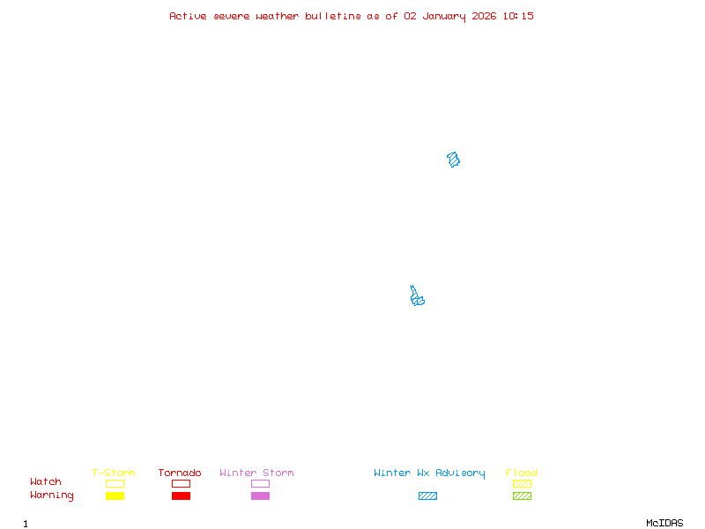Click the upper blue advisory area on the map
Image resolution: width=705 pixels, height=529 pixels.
tap(454, 160)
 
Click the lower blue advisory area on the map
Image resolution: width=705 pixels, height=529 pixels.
tap(417, 298)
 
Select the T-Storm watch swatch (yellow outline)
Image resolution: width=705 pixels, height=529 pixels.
tap(115, 483)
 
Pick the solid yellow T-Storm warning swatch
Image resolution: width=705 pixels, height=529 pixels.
tap(115, 496)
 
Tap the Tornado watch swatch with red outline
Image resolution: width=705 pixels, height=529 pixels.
tap(181, 483)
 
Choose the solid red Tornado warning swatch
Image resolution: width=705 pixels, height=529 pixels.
tap(181, 496)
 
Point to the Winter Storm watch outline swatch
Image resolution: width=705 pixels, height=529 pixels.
tap(260, 483)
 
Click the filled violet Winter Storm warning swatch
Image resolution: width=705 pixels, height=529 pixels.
tap(260, 496)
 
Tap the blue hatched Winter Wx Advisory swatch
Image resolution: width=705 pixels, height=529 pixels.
tap(427, 496)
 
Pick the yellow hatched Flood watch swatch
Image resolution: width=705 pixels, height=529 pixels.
tap(522, 483)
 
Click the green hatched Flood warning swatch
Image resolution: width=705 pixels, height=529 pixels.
tap(522, 496)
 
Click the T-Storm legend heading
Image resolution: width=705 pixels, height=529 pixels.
tap(114, 473)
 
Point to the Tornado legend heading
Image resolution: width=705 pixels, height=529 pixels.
tap(180, 473)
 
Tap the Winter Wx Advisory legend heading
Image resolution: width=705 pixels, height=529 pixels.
tap(429, 473)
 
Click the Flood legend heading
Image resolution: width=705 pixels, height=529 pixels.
tap(522, 473)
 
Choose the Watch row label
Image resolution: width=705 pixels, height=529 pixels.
tap(46, 482)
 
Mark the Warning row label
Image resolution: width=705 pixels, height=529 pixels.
tap(52, 495)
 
